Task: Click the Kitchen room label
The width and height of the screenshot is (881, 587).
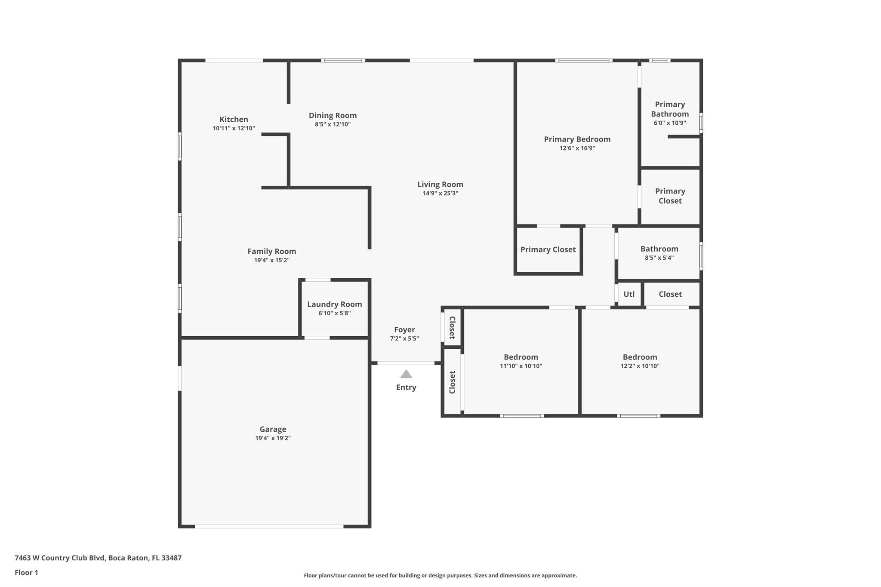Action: click(x=234, y=119)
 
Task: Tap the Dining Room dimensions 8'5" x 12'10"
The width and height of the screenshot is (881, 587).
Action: click(x=333, y=124)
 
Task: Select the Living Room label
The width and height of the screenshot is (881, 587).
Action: click(x=440, y=184)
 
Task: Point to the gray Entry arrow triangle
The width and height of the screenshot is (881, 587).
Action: click(x=406, y=374)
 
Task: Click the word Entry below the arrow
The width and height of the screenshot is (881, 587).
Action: click(x=406, y=387)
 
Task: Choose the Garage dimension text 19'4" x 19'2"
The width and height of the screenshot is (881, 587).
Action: click(x=273, y=438)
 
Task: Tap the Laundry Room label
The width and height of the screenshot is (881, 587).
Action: click(x=334, y=304)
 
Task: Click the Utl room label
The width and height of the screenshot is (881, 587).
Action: click(x=629, y=294)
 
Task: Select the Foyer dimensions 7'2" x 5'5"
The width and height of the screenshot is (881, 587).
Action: click(x=404, y=338)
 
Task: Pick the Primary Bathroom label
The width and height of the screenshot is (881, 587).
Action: click(x=670, y=109)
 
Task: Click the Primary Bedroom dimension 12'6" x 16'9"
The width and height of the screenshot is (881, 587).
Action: click(x=577, y=148)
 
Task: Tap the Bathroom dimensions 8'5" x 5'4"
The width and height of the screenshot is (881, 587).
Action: click(x=659, y=258)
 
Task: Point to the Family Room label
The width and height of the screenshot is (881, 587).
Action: click(x=271, y=252)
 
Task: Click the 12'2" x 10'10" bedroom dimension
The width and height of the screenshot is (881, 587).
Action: click(x=640, y=366)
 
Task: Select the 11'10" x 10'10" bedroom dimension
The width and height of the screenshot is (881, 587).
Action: click(x=521, y=366)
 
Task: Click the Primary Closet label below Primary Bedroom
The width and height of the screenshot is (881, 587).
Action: click(x=548, y=250)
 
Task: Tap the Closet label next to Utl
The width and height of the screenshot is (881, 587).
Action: click(x=670, y=294)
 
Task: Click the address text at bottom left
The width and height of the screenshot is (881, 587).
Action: click(x=98, y=558)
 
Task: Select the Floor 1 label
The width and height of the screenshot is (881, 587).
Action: click(x=26, y=573)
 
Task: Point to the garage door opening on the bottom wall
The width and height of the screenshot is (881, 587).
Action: click(x=269, y=526)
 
